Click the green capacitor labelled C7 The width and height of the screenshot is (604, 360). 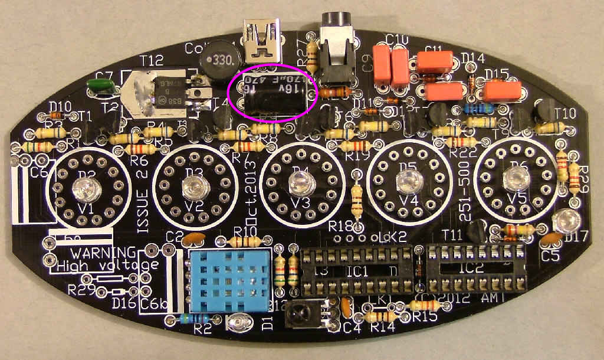(x=100, y=87)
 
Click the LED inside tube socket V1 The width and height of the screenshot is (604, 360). (x=80, y=189)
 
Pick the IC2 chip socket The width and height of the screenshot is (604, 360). (x=476, y=267)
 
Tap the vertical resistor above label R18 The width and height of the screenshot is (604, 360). (x=356, y=199)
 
